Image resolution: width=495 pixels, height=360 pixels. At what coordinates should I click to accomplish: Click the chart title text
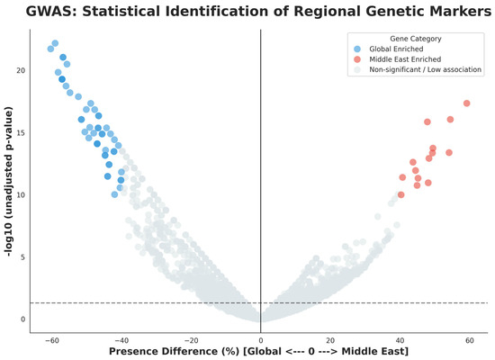(x=258, y=12)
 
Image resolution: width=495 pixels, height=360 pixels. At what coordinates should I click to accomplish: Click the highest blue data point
(x=55, y=43)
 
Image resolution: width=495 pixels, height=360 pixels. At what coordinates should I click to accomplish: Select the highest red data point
(x=466, y=103)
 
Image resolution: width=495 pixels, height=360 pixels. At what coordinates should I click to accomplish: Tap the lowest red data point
(x=400, y=194)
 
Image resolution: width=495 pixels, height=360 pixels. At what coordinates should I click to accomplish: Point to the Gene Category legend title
(x=416, y=39)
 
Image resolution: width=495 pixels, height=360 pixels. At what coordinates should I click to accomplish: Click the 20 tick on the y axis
(x=21, y=70)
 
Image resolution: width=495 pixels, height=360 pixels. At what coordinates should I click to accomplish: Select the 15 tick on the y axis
(x=21, y=132)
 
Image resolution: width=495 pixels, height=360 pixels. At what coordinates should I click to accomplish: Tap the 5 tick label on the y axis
(x=22, y=257)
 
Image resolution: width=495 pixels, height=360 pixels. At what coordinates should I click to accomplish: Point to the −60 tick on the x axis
(x=52, y=340)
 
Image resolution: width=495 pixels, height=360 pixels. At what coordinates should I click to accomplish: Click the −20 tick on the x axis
(x=192, y=340)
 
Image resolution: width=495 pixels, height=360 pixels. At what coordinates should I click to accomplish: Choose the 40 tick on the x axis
(x=400, y=340)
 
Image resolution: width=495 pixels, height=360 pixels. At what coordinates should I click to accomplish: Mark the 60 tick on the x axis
(x=470, y=340)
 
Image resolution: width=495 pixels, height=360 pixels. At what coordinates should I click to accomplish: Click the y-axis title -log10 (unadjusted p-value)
(x=9, y=182)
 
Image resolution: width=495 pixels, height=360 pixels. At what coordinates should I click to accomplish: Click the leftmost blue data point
(x=50, y=49)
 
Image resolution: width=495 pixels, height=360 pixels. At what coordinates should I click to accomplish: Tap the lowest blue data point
(x=114, y=194)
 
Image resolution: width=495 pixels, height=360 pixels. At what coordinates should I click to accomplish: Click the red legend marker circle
(x=357, y=59)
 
